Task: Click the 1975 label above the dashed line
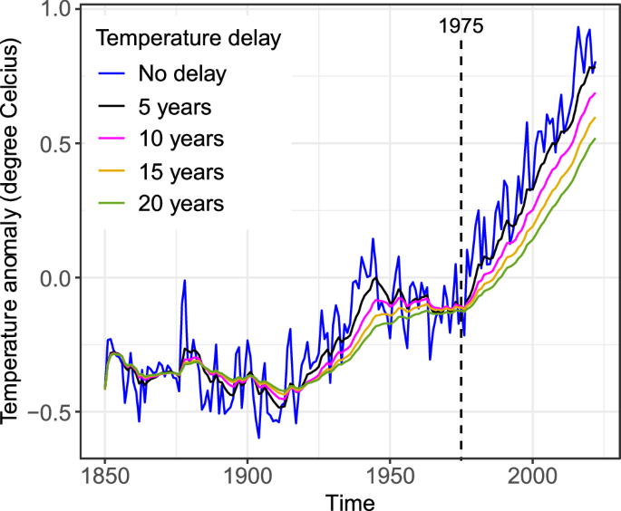pos(461,26)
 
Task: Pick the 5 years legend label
pos(176,107)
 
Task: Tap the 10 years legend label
pos(181,140)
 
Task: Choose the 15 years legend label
pos(181,172)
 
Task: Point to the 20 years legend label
pos(181,205)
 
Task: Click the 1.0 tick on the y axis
pos(54,11)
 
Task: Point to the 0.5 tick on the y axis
pos(54,145)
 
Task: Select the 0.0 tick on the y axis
pos(54,278)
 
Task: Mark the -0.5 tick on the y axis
pos(49,412)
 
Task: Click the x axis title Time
pos(346,499)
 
